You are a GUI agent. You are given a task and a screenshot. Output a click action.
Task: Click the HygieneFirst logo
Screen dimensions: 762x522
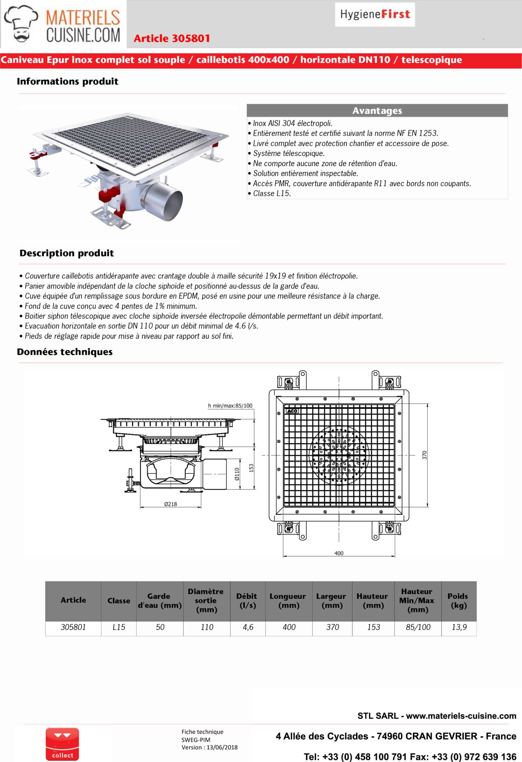click(375, 14)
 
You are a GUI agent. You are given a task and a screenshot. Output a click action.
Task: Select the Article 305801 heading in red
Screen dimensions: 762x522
click(171, 38)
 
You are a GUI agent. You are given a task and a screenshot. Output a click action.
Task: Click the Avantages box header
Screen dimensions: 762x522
click(377, 110)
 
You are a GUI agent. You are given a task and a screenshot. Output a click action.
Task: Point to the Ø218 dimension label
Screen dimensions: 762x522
click(171, 504)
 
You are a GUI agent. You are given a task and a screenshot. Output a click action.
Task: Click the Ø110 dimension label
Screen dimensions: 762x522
click(237, 474)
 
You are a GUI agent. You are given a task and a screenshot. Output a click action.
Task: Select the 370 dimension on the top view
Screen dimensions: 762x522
click(425, 455)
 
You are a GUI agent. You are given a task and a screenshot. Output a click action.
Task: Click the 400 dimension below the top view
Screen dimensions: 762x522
click(339, 553)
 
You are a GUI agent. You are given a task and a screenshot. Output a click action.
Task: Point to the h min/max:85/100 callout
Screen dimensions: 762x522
click(230, 406)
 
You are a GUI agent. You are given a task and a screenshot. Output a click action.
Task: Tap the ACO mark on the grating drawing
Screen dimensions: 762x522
click(292, 411)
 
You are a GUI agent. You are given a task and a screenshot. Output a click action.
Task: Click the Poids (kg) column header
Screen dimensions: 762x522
click(458, 600)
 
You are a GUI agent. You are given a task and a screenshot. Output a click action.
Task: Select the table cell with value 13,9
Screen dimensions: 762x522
click(459, 627)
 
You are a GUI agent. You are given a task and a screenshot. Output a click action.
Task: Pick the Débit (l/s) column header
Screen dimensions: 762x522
click(248, 600)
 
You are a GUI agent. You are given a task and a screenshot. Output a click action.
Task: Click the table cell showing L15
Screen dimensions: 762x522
click(119, 627)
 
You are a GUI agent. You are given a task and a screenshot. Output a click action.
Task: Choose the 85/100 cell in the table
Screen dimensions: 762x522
click(418, 627)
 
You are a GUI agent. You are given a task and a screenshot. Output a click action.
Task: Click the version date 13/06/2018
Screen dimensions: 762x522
click(222, 747)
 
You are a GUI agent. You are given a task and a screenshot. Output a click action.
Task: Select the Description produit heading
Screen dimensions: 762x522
click(67, 253)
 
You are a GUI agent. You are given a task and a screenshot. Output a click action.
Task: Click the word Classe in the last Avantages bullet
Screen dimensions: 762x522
click(263, 193)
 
